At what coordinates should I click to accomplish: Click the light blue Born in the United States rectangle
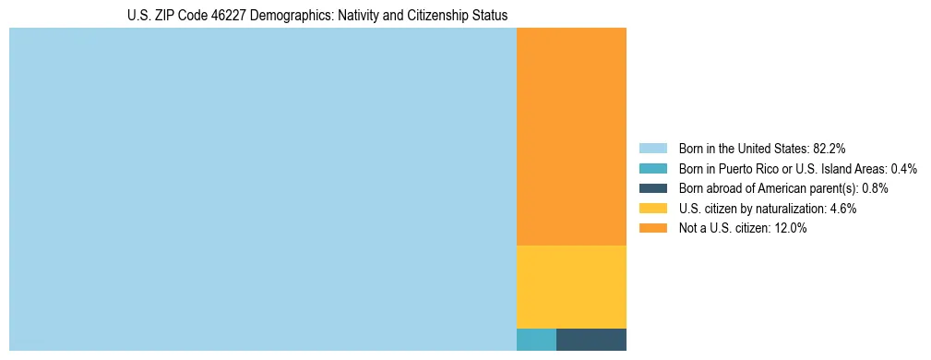tap(263, 189)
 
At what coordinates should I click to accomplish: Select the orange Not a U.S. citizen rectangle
tap(571, 137)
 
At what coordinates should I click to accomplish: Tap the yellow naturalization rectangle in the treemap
tap(571, 286)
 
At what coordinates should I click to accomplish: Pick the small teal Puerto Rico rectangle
tap(536, 340)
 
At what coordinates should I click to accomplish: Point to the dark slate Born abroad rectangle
tap(591, 340)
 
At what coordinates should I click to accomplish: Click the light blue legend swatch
tap(652, 148)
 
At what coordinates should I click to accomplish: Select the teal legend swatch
tap(652, 168)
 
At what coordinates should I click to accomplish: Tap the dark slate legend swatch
tap(652, 188)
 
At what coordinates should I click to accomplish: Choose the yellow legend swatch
tap(652, 209)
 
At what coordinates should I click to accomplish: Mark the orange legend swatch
tap(652, 229)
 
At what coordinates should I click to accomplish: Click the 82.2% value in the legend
tap(830, 148)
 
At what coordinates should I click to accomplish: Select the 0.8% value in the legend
tap(875, 188)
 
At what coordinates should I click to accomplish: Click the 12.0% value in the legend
tap(791, 229)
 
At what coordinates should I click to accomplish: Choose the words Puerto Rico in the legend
tap(757, 168)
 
